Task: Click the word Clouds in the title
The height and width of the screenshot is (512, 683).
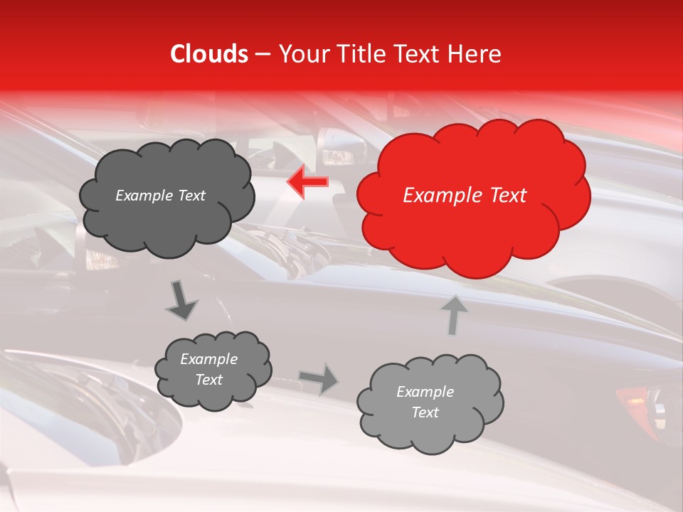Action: pos(208,54)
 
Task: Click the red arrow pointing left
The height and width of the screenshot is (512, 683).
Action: pos(307,182)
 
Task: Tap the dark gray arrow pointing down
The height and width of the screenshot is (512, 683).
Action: pos(181,300)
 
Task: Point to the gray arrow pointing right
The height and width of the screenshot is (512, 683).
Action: pos(319,378)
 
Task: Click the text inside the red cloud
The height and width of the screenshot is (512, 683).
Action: pos(465,196)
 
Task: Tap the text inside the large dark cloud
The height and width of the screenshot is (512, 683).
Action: pos(160,196)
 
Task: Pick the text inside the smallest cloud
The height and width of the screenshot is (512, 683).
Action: pos(208,369)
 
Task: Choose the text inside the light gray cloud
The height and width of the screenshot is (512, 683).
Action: pos(425,402)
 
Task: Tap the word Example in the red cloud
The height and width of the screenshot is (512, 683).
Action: pos(438,196)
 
